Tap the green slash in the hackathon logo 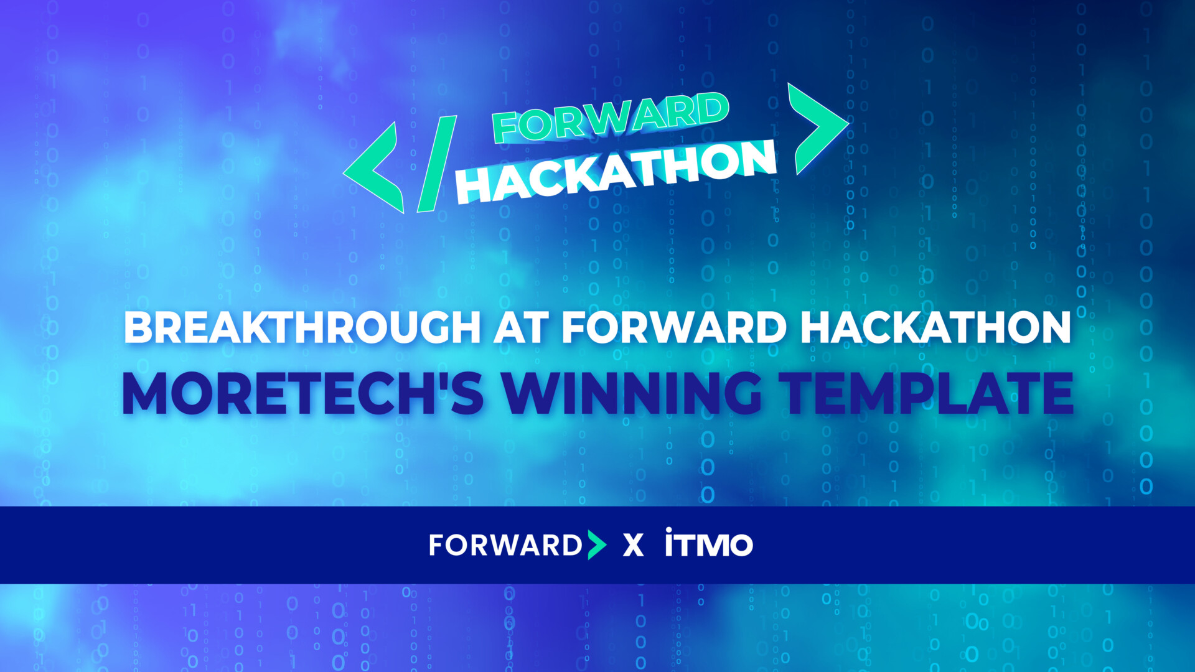(x=436, y=164)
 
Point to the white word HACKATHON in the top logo (x=616, y=172)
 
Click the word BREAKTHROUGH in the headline (x=302, y=327)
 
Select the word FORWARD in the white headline (x=675, y=327)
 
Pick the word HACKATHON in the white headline (x=935, y=327)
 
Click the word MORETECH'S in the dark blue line (x=302, y=393)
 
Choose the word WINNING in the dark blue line (x=632, y=393)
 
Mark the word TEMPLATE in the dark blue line (x=927, y=393)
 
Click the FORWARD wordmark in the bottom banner (x=505, y=546)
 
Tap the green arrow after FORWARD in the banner (x=596, y=546)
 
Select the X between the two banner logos (x=633, y=546)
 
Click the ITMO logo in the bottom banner (x=709, y=543)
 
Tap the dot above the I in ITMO (x=669, y=530)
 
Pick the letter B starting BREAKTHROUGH (x=138, y=327)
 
